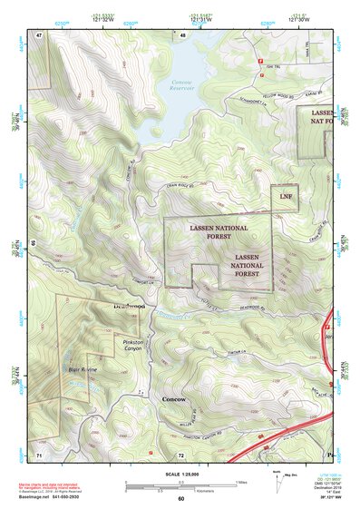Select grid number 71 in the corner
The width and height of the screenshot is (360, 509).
[40, 453]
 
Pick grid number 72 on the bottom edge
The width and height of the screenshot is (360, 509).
[181, 453]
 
